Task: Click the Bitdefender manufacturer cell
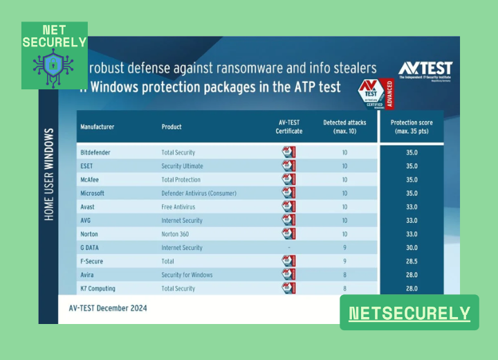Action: click(95, 152)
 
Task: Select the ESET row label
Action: click(88, 166)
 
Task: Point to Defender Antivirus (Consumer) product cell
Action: click(199, 193)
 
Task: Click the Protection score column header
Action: click(412, 127)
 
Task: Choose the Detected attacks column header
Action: click(344, 127)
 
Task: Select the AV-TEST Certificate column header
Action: click(289, 127)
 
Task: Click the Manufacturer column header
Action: click(98, 127)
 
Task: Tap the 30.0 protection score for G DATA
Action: click(412, 248)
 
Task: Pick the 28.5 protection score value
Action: click(412, 261)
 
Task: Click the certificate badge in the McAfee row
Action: click(288, 180)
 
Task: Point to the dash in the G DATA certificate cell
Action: click(288, 248)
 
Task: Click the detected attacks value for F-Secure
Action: click(344, 261)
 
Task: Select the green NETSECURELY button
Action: click(409, 313)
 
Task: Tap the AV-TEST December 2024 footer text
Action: click(108, 307)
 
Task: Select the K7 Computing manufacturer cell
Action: click(98, 288)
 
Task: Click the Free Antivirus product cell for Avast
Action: click(178, 207)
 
